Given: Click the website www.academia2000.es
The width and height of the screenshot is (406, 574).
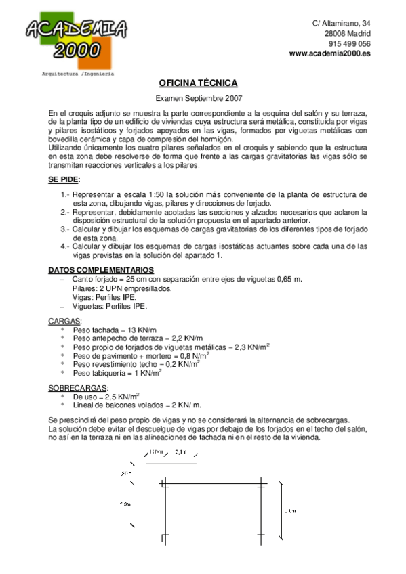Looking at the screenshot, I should pos(329,53).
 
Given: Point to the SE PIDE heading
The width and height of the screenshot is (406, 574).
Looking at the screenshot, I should pos(64,179).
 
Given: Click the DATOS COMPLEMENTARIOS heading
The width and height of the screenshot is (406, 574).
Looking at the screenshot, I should pos(96,269).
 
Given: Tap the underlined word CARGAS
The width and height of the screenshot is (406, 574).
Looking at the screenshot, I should pos(64,320).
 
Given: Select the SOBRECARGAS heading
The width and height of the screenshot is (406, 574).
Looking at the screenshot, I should pos(77,387).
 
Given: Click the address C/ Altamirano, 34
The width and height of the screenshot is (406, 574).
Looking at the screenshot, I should pos(341,23).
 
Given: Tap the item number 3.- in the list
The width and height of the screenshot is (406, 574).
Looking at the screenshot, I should pos(64,229).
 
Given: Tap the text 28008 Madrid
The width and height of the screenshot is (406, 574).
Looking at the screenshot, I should pos(347,33).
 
